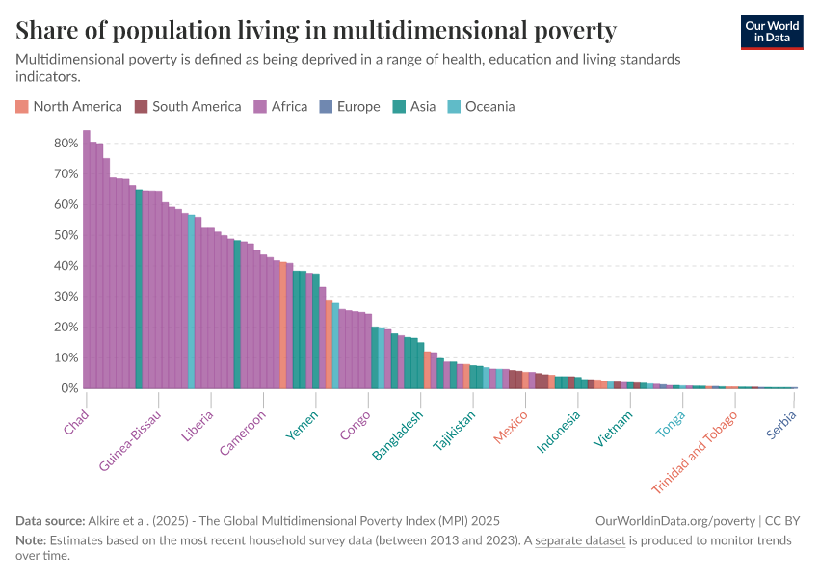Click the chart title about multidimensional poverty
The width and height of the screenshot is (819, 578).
pos(316,31)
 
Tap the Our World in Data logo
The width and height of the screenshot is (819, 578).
pos(772,32)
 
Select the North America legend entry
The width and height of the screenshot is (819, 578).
pos(69,107)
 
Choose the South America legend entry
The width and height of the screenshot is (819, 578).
pos(188,107)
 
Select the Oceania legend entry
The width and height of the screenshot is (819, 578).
pos(481,107)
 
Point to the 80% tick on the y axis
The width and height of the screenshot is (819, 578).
pos(66,143)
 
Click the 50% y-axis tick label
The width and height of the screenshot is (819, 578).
pos(66,235)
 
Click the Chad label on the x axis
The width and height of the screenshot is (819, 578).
pos(75,423)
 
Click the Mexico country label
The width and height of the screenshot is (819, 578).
pos(511,428)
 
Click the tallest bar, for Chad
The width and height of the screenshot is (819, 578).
pos(87,260)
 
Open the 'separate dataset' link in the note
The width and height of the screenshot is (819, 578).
pos(581,540)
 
